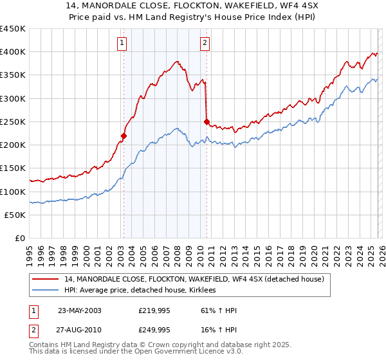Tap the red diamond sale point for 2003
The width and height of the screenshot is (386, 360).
point(124,136)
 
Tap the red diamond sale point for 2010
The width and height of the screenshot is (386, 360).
point(207,122)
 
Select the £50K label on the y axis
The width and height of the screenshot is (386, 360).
point(15,215)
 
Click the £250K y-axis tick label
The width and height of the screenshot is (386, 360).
point(13,122)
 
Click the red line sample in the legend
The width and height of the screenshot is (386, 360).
point(46,280)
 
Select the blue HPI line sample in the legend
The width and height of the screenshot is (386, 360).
point(46,291)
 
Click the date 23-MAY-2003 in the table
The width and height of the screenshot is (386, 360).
point(79,310)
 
